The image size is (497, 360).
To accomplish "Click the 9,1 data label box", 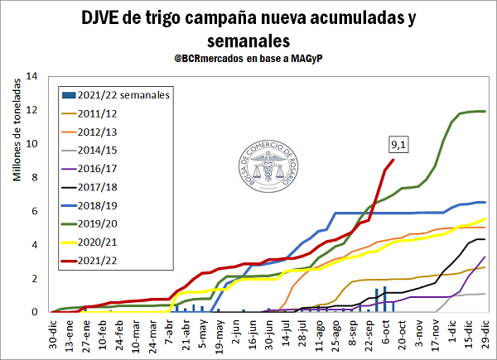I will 398,145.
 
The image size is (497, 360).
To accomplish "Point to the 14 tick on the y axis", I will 33,76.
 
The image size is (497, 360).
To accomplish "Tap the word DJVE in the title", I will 103,18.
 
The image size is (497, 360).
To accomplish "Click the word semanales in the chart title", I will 248,40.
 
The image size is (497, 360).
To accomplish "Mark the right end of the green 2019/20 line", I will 485,111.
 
